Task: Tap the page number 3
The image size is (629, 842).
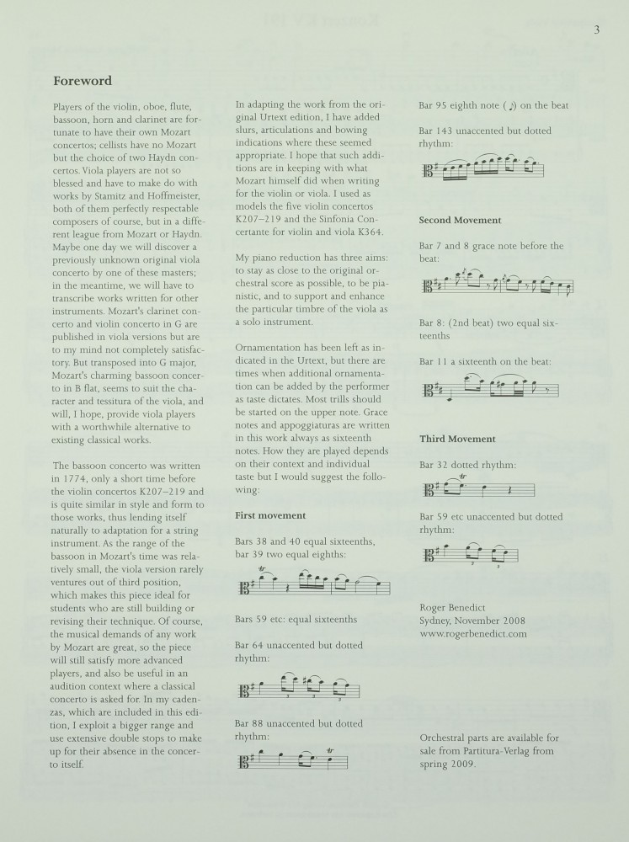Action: (x=597, y=30)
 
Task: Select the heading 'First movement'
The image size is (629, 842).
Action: (x=270, y=515)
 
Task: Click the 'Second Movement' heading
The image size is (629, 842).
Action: (x=461, y=220)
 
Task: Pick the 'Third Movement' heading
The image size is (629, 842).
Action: (x=457, y=439)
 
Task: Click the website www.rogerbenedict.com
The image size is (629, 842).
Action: (x=472, y=633)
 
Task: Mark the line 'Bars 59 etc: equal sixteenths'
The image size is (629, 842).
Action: (x=296, y=619)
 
